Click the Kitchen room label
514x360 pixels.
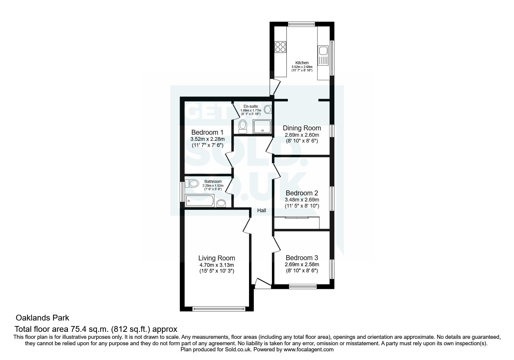coord(302,63)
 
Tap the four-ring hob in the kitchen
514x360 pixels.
coord(280,47)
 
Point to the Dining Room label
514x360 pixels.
coord(302,128)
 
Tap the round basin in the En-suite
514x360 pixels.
coord(268,110)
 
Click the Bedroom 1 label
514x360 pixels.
coord(207,132)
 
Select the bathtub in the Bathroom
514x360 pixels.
coord(200,200)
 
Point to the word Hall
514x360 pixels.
coord(261,210)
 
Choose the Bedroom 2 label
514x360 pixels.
coord(302,193)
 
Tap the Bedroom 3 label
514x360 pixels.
coord(302,258)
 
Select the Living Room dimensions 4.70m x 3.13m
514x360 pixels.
coord(217,265)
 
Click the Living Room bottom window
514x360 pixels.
coord(219,309)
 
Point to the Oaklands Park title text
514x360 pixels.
coord(42,318)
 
